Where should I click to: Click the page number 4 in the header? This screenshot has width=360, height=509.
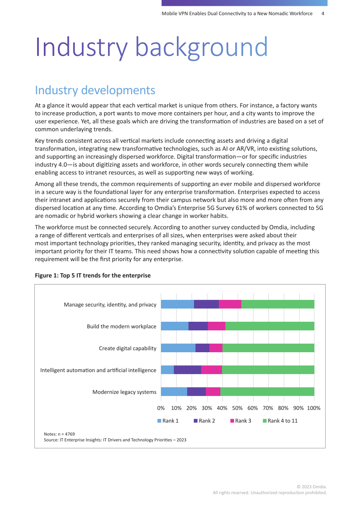point(323,14)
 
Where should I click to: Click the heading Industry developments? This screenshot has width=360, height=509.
point(95,90)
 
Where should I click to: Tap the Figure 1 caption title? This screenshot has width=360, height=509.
point(93,275)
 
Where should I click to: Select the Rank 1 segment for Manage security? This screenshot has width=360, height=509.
point(177,304)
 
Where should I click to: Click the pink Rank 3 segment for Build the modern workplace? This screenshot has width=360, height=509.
point(216,326)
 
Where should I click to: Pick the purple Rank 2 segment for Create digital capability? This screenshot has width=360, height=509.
point(202,348)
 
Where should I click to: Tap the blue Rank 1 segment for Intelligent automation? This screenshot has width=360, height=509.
point(167,370)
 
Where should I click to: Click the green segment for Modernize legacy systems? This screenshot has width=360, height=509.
point(267,391)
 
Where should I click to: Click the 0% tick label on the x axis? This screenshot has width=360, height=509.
point(161,408)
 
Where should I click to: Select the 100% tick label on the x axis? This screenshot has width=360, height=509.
point(313,408)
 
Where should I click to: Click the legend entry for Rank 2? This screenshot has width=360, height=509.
point(204,421)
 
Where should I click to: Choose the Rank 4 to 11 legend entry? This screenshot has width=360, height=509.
point(280,421)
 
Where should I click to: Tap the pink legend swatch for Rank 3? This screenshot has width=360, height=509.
point(232,421)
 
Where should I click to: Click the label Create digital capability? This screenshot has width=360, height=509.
point(128,348)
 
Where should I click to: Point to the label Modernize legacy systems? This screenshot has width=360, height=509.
point(124,392)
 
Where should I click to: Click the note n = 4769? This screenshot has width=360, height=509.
point(59,434)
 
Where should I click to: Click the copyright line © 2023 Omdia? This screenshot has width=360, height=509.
point(311,486)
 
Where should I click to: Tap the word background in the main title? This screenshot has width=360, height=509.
point(202,47)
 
